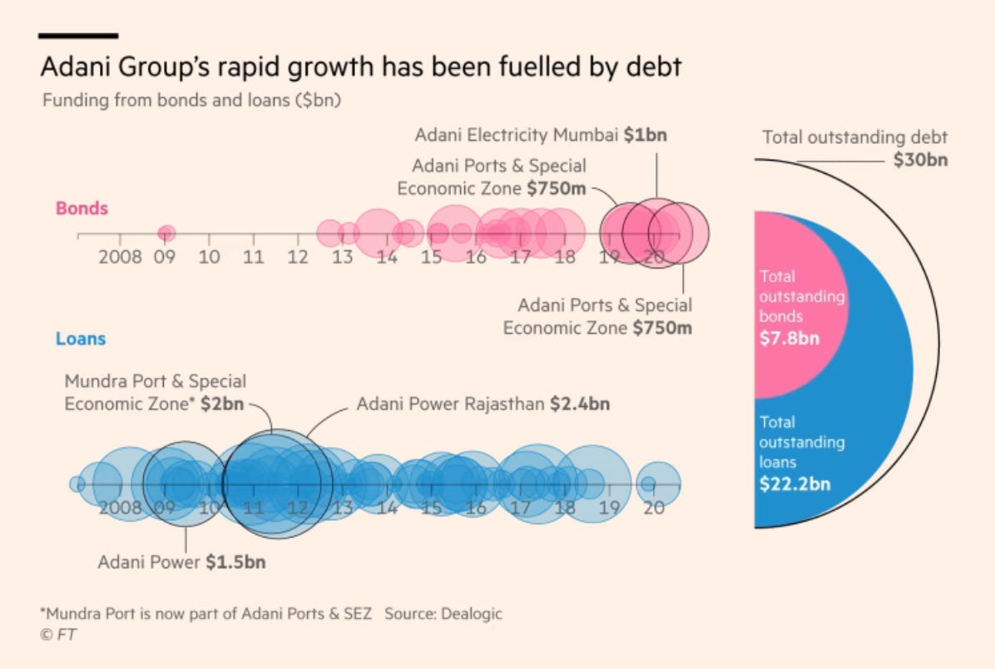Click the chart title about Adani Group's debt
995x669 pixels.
[x=361, y=67]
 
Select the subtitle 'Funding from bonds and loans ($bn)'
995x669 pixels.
[x=193, y=101]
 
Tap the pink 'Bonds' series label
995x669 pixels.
[x=82, y=208]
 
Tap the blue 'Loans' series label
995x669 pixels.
[x=81, y=339]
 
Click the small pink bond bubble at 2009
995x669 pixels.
[x=166, y=233]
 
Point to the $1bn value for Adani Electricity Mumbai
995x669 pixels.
[x=646, y=135]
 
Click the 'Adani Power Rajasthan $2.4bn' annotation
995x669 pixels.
[x=483, y=404]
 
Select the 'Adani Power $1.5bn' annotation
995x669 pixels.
[x=181, y=562]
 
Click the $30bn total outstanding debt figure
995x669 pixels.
[x=920, y=161]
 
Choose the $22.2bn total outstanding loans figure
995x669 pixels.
[x=795, y=483]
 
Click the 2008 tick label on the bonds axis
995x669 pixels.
[x=121, y=257]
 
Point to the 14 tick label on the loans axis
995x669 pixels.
[x=387, y=507]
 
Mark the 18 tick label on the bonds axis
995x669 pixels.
[x=565, y=257]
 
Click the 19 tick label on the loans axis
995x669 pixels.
[x=610, y=507]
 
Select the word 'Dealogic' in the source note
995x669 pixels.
[x=472, y=614]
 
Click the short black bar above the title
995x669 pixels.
[x=79, y=36]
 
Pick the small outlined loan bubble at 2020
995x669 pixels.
[x=648, y=483]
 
